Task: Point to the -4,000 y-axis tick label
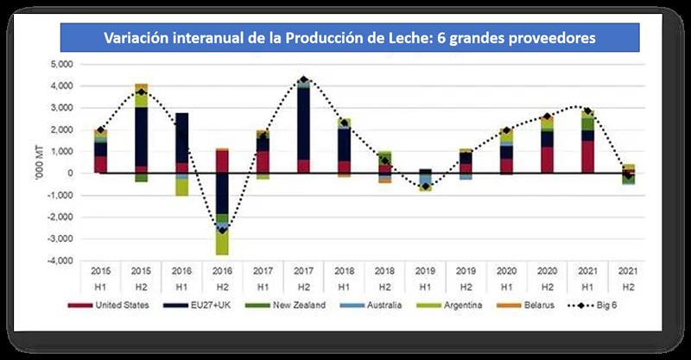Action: [x=62, y=261]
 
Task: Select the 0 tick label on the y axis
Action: [x=73, y=174]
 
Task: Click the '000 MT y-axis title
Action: [x=35, y=162]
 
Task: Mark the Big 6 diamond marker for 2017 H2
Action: [x=303, y=80]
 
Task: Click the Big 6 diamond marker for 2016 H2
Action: [x=222, y=230]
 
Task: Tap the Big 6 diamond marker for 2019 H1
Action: [x=425, y=186]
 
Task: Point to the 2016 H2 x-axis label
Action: [x=222, y=277]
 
